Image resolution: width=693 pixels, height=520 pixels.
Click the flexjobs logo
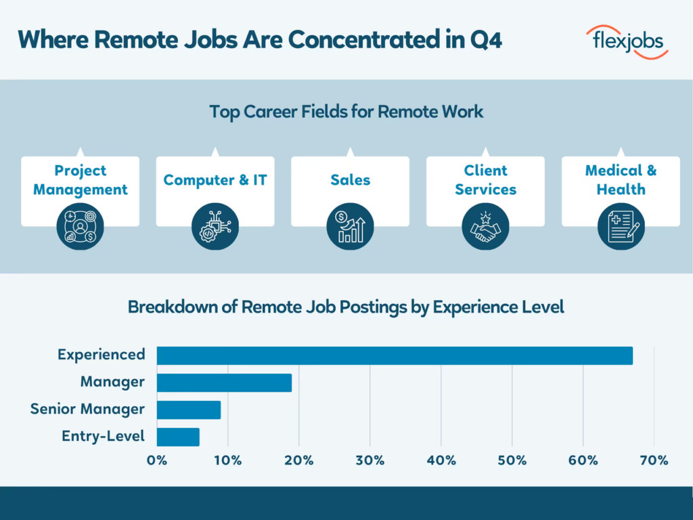(x=626, y=42)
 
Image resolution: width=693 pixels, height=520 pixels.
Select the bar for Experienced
(x=395, y=355)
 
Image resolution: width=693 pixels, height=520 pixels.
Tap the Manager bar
(x=224, y=383)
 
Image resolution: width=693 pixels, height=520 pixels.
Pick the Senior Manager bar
(x=189, y=410)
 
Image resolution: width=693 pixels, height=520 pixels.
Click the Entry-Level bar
(x=178, y=437)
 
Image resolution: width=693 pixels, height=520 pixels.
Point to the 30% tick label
(x=370, y=460)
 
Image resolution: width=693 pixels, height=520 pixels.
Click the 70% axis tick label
(x=654, y=460)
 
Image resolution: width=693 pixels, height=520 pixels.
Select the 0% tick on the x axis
(x=157, y=460)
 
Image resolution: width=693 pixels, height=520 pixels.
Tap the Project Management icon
(x=81, y=226)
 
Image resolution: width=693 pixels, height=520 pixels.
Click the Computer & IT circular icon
(x=215, y=226)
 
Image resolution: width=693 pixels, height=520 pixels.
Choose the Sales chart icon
(x=350, y=226)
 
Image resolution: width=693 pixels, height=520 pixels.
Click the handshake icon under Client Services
(x=485, y=226)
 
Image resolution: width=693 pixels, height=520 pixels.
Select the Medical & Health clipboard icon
(x=621, y=226)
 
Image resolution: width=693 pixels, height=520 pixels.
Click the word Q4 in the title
(x=485, y=40)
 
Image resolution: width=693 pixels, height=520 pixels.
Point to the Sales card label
(x=350, y=180)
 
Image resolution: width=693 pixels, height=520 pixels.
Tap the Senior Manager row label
(x=87, y=409)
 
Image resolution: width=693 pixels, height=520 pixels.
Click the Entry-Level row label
(x=103, y=436)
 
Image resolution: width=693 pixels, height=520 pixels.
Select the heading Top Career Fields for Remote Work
(x=346, y=112)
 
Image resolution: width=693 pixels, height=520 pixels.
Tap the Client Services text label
(x=485, y=180)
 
